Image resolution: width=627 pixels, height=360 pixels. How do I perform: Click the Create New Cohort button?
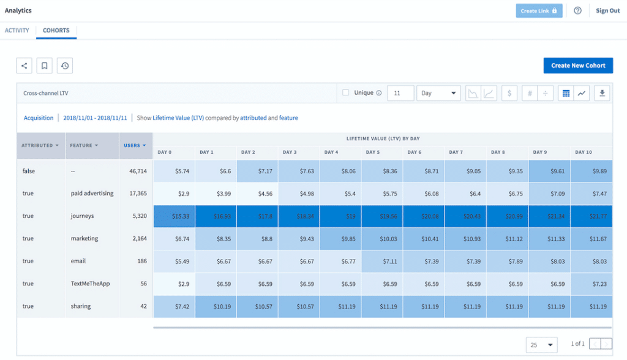pyautogui.click(x=578, y=66)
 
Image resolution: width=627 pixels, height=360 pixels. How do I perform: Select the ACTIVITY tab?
pyautogui.click(x=17, y=31)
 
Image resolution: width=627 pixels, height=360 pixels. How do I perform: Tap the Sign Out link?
pyautogui.click(x=607, y=10)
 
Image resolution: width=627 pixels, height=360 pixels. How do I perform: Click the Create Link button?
pyautogui.click(x=539, y=10)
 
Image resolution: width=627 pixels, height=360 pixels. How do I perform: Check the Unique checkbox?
pyautogui.click(x=346, y=93)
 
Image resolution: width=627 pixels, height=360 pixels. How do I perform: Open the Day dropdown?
pyautogui.click(x=439, y=93)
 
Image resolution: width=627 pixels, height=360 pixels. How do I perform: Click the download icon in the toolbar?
pyautogui.click(x=602, y=93)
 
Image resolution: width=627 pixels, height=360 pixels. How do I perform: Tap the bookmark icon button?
pyautogui.click(x=44, y=66)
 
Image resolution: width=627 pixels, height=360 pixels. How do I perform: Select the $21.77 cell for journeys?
pyautogui.click(x=591, y=216)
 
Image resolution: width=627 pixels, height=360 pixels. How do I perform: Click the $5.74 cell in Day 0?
pyautogui.click(x=173, y=171)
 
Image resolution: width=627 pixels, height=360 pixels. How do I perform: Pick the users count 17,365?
pyautogui.click(x=135, y=193)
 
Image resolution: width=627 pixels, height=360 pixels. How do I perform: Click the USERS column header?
pyautogui.click(x=135, y=146)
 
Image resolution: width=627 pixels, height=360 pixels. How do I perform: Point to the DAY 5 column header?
pyautogui.click(x=372, y=152)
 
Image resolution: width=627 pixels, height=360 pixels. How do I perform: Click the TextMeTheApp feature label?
pyautogui.click(x=90, y=283)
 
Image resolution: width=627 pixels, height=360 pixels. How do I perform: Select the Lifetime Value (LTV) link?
pyautogui.click(x=178, y=118)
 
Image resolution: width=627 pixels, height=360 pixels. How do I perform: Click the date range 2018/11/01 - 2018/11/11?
pyautogui.click(x=95, y=118)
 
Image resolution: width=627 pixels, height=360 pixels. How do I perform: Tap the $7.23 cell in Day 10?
pyautogui.click(x=591, y=283)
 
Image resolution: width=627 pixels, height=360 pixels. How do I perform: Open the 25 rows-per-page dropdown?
pyautogui.click(x=541, y=345)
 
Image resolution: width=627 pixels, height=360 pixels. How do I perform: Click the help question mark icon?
pyautogui.click(x=577, y=10)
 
